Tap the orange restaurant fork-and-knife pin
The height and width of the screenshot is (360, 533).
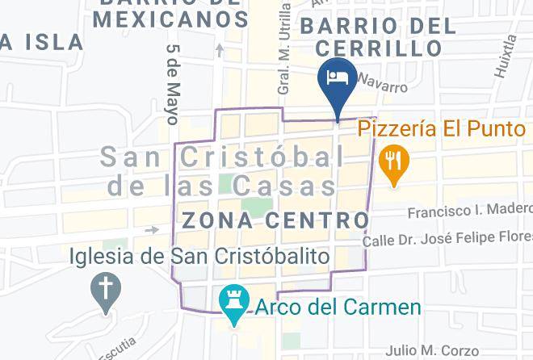393,158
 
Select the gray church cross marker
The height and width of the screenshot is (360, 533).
105,288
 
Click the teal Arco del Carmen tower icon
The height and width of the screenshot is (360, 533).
234,303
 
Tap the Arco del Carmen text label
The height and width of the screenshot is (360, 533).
338,308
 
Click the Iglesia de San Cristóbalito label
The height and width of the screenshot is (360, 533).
200,257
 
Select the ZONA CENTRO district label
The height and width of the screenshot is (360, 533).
276,220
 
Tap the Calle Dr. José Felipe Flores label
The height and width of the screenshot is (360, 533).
447,238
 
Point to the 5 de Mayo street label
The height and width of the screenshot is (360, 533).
172,84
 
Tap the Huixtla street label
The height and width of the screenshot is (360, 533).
506,56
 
